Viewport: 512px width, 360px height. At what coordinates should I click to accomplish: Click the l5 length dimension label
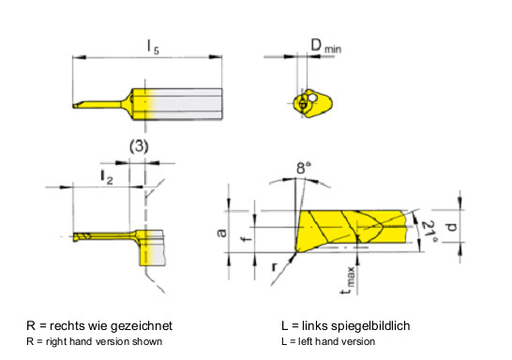[x=153, y=47]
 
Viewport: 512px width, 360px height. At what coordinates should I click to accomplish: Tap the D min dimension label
[x=325, y=46]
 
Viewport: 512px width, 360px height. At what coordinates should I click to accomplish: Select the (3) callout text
[x=139, y=146]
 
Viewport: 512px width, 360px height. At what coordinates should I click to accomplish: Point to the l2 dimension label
[x=107, y=176]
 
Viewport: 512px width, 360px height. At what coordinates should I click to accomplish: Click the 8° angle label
[x=304, y=168]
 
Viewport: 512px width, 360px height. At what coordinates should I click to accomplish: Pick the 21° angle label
[x=429, y=232]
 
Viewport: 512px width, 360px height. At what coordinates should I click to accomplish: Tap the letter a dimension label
[x=221, y=232]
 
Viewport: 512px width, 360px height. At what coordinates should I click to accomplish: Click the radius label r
[x=274, y=267]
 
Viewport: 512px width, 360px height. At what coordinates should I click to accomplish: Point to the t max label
[x=348, y=280]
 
